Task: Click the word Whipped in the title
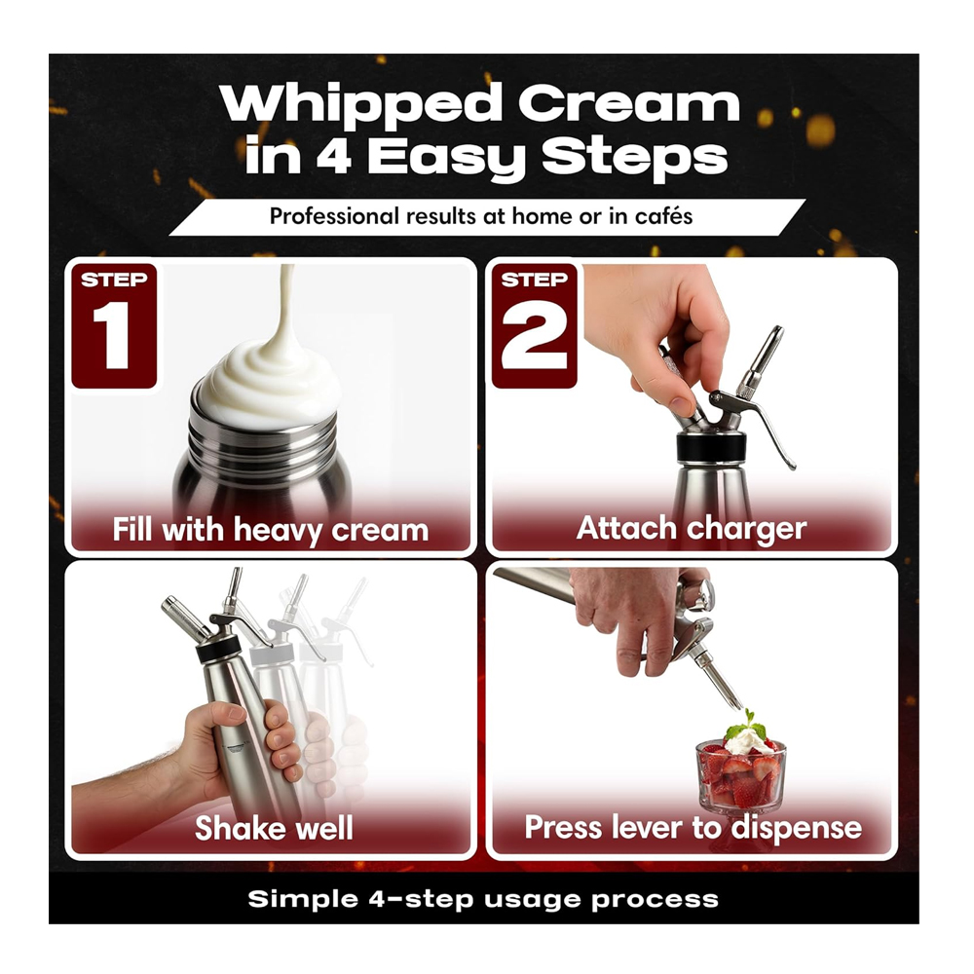click(x=361, y=105)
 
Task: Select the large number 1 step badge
click(x=114, y=326)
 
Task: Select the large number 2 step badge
click(x=534, y=326)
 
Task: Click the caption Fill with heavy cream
click(x=271, y=531)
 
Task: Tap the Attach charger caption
click(x=692, y=529)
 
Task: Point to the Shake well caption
click(x=274, y=828)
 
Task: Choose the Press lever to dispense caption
click(x=693, y=828)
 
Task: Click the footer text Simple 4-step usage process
click(x=483, y=899)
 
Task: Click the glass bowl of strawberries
click(x=740, y=774)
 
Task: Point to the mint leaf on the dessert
click(x=747, y=726)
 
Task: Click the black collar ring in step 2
click(x=712, y=447)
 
